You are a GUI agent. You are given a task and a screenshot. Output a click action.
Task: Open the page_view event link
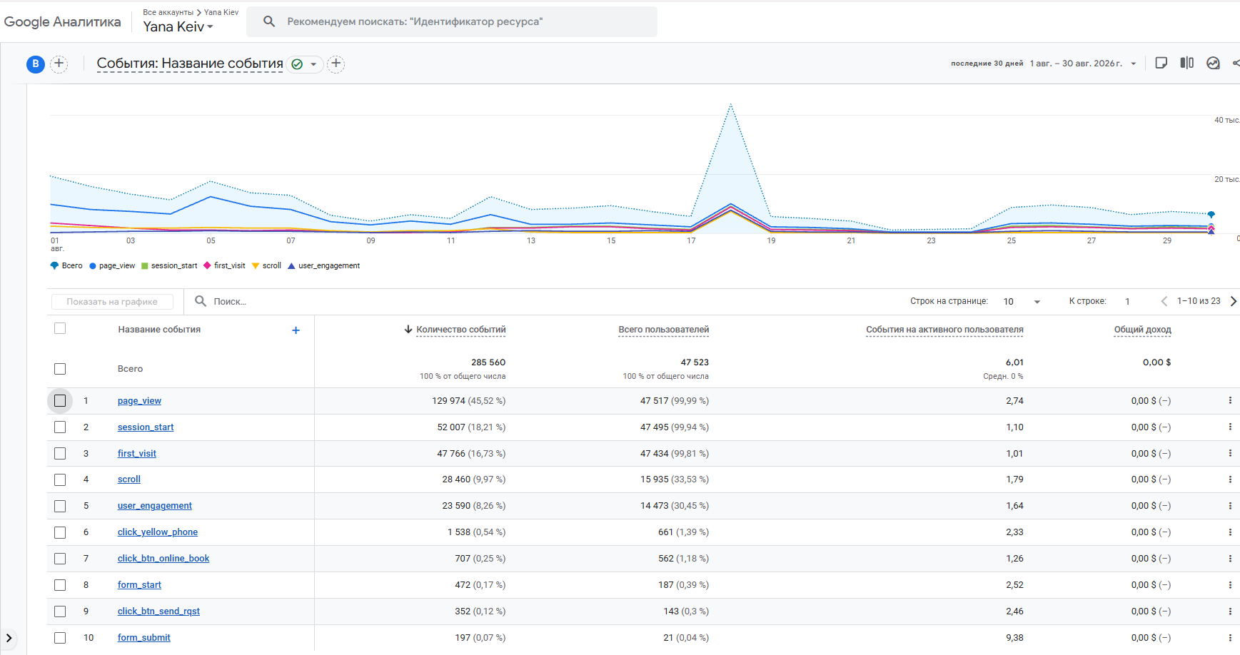coord(139,401)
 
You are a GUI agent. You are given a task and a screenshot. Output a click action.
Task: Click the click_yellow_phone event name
coord(158,532)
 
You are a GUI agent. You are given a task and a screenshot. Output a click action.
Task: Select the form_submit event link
coord(144,638)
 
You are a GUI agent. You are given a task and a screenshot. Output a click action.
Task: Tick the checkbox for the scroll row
coord(60,479)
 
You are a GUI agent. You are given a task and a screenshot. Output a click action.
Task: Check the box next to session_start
coord(60,427)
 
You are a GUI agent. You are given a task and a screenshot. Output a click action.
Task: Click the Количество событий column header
coord(460,330)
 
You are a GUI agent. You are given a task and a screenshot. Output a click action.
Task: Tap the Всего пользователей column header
coord(664,330)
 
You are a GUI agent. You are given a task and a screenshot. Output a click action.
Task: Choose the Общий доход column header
coord(1142,330)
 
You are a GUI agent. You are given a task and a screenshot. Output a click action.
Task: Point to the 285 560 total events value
coord(488,362)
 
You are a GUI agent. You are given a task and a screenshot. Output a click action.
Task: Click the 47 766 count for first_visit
coord(451,454)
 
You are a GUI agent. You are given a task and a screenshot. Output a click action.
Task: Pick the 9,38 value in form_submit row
coord(1014,638)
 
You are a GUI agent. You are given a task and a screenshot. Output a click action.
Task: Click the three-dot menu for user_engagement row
coord(1230,506)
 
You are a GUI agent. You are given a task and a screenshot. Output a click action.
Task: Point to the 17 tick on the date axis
coord(691,241)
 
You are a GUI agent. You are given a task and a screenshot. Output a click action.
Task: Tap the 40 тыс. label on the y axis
coord(1226,121)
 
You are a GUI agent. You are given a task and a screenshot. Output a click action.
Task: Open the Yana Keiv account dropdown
coord(178,26)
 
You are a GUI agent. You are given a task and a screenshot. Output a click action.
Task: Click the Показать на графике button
coord(112,302)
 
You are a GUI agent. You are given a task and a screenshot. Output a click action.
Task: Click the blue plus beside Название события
coord(296,330)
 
